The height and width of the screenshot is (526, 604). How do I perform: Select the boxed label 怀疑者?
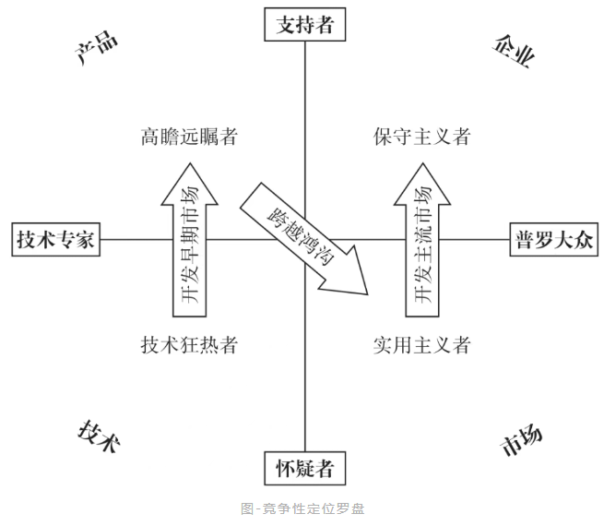click(x=304, y=469)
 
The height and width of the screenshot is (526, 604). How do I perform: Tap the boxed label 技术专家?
click(x=55, y=241)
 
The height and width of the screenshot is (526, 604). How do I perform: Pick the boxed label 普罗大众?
click(x=551, y=241)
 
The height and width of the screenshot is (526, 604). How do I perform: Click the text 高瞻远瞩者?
click(x=189, y=137)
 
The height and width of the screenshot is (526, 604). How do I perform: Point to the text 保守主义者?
click(x=422, y=137)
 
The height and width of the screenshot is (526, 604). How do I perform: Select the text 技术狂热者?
click(x=189, y=346)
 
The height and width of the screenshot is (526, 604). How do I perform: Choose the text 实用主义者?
click(x=422, y=346)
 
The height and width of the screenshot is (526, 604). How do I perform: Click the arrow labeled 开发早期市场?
click(x=189, y=249)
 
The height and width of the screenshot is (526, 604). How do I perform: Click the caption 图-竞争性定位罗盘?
click(x=302, y=508)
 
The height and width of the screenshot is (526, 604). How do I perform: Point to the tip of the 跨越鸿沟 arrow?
click(x=367, y=294)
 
